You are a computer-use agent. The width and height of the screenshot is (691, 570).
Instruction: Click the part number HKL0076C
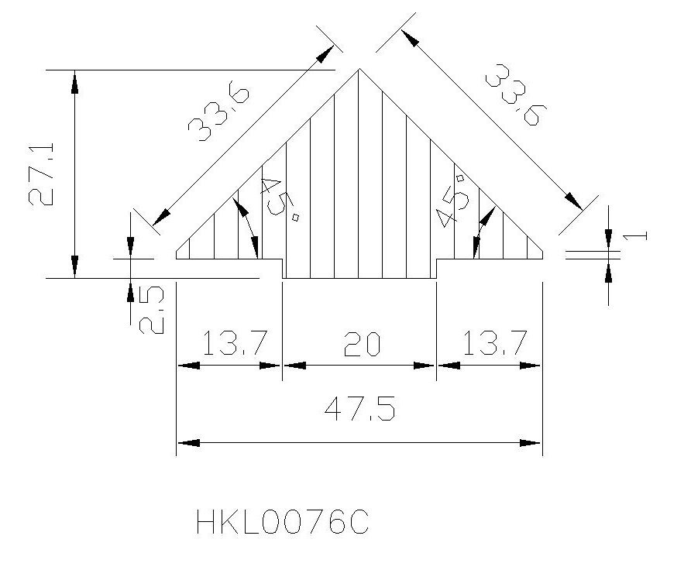click(x=282, y=522)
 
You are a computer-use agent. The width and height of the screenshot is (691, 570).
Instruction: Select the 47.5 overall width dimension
click(x=359, y=408)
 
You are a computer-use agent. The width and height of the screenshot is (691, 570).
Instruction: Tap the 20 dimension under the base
click(x=362, y=344)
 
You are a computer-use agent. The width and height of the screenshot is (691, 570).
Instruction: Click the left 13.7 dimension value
click(x=235, y=343)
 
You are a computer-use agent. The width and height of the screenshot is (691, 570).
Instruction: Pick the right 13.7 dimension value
click(x=495, y=343)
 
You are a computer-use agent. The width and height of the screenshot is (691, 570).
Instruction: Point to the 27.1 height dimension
click(x=41, y=174)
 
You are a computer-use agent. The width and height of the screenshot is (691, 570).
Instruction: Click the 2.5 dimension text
click(x=152, y=310)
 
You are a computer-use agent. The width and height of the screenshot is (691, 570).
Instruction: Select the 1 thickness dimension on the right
click(x=635, y=236)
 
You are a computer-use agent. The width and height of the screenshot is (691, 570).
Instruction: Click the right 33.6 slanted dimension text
click(x=516, y=94)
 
